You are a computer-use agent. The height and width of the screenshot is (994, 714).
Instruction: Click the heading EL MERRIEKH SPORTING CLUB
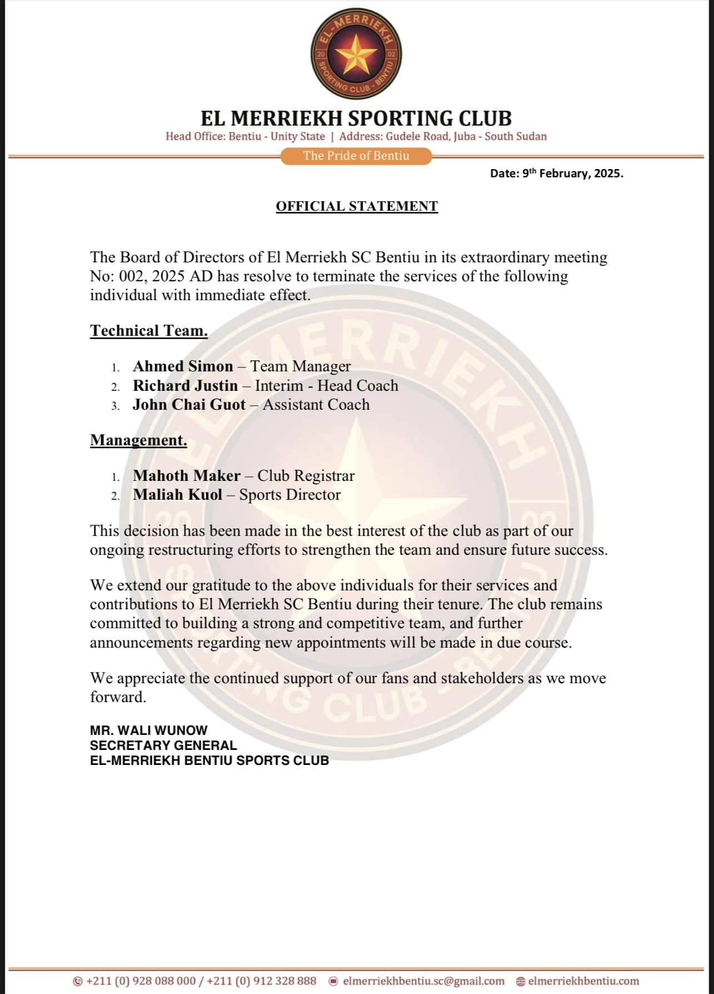click(356, 118)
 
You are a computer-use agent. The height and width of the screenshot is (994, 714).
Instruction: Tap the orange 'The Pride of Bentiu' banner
click(356, 156)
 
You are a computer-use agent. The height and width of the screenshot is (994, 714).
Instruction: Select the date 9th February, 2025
click(557, 173)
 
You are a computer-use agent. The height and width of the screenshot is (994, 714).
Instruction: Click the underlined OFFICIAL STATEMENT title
click(356, 206)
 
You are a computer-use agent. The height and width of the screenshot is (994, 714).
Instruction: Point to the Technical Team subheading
click(149, 331)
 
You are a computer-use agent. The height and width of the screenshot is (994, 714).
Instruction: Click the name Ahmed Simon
click(183, 366)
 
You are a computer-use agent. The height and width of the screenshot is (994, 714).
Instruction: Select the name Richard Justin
click(185, 386)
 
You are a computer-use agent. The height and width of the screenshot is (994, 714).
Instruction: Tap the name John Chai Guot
click(189, 405)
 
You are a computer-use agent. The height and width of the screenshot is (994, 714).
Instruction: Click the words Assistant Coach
click(316, 405)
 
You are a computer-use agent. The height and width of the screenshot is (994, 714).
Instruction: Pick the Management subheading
click(138, 440)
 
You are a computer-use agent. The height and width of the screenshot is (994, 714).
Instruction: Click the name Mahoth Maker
click(187, 476)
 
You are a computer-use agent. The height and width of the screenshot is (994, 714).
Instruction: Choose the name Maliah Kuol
click(177, 495)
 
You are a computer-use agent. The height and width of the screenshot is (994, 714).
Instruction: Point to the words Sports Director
click(290, 495)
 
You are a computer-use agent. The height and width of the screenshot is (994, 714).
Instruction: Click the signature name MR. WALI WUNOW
click(148, 730)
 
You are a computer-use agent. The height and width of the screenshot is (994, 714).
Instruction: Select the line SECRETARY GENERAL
click(163, 745)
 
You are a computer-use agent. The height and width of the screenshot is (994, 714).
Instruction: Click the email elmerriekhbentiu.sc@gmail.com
click(424, 981)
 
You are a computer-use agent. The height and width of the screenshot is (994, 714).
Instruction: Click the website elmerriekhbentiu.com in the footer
click(583, 981)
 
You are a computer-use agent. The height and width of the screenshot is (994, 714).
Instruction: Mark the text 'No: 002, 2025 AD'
click(152, 276)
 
